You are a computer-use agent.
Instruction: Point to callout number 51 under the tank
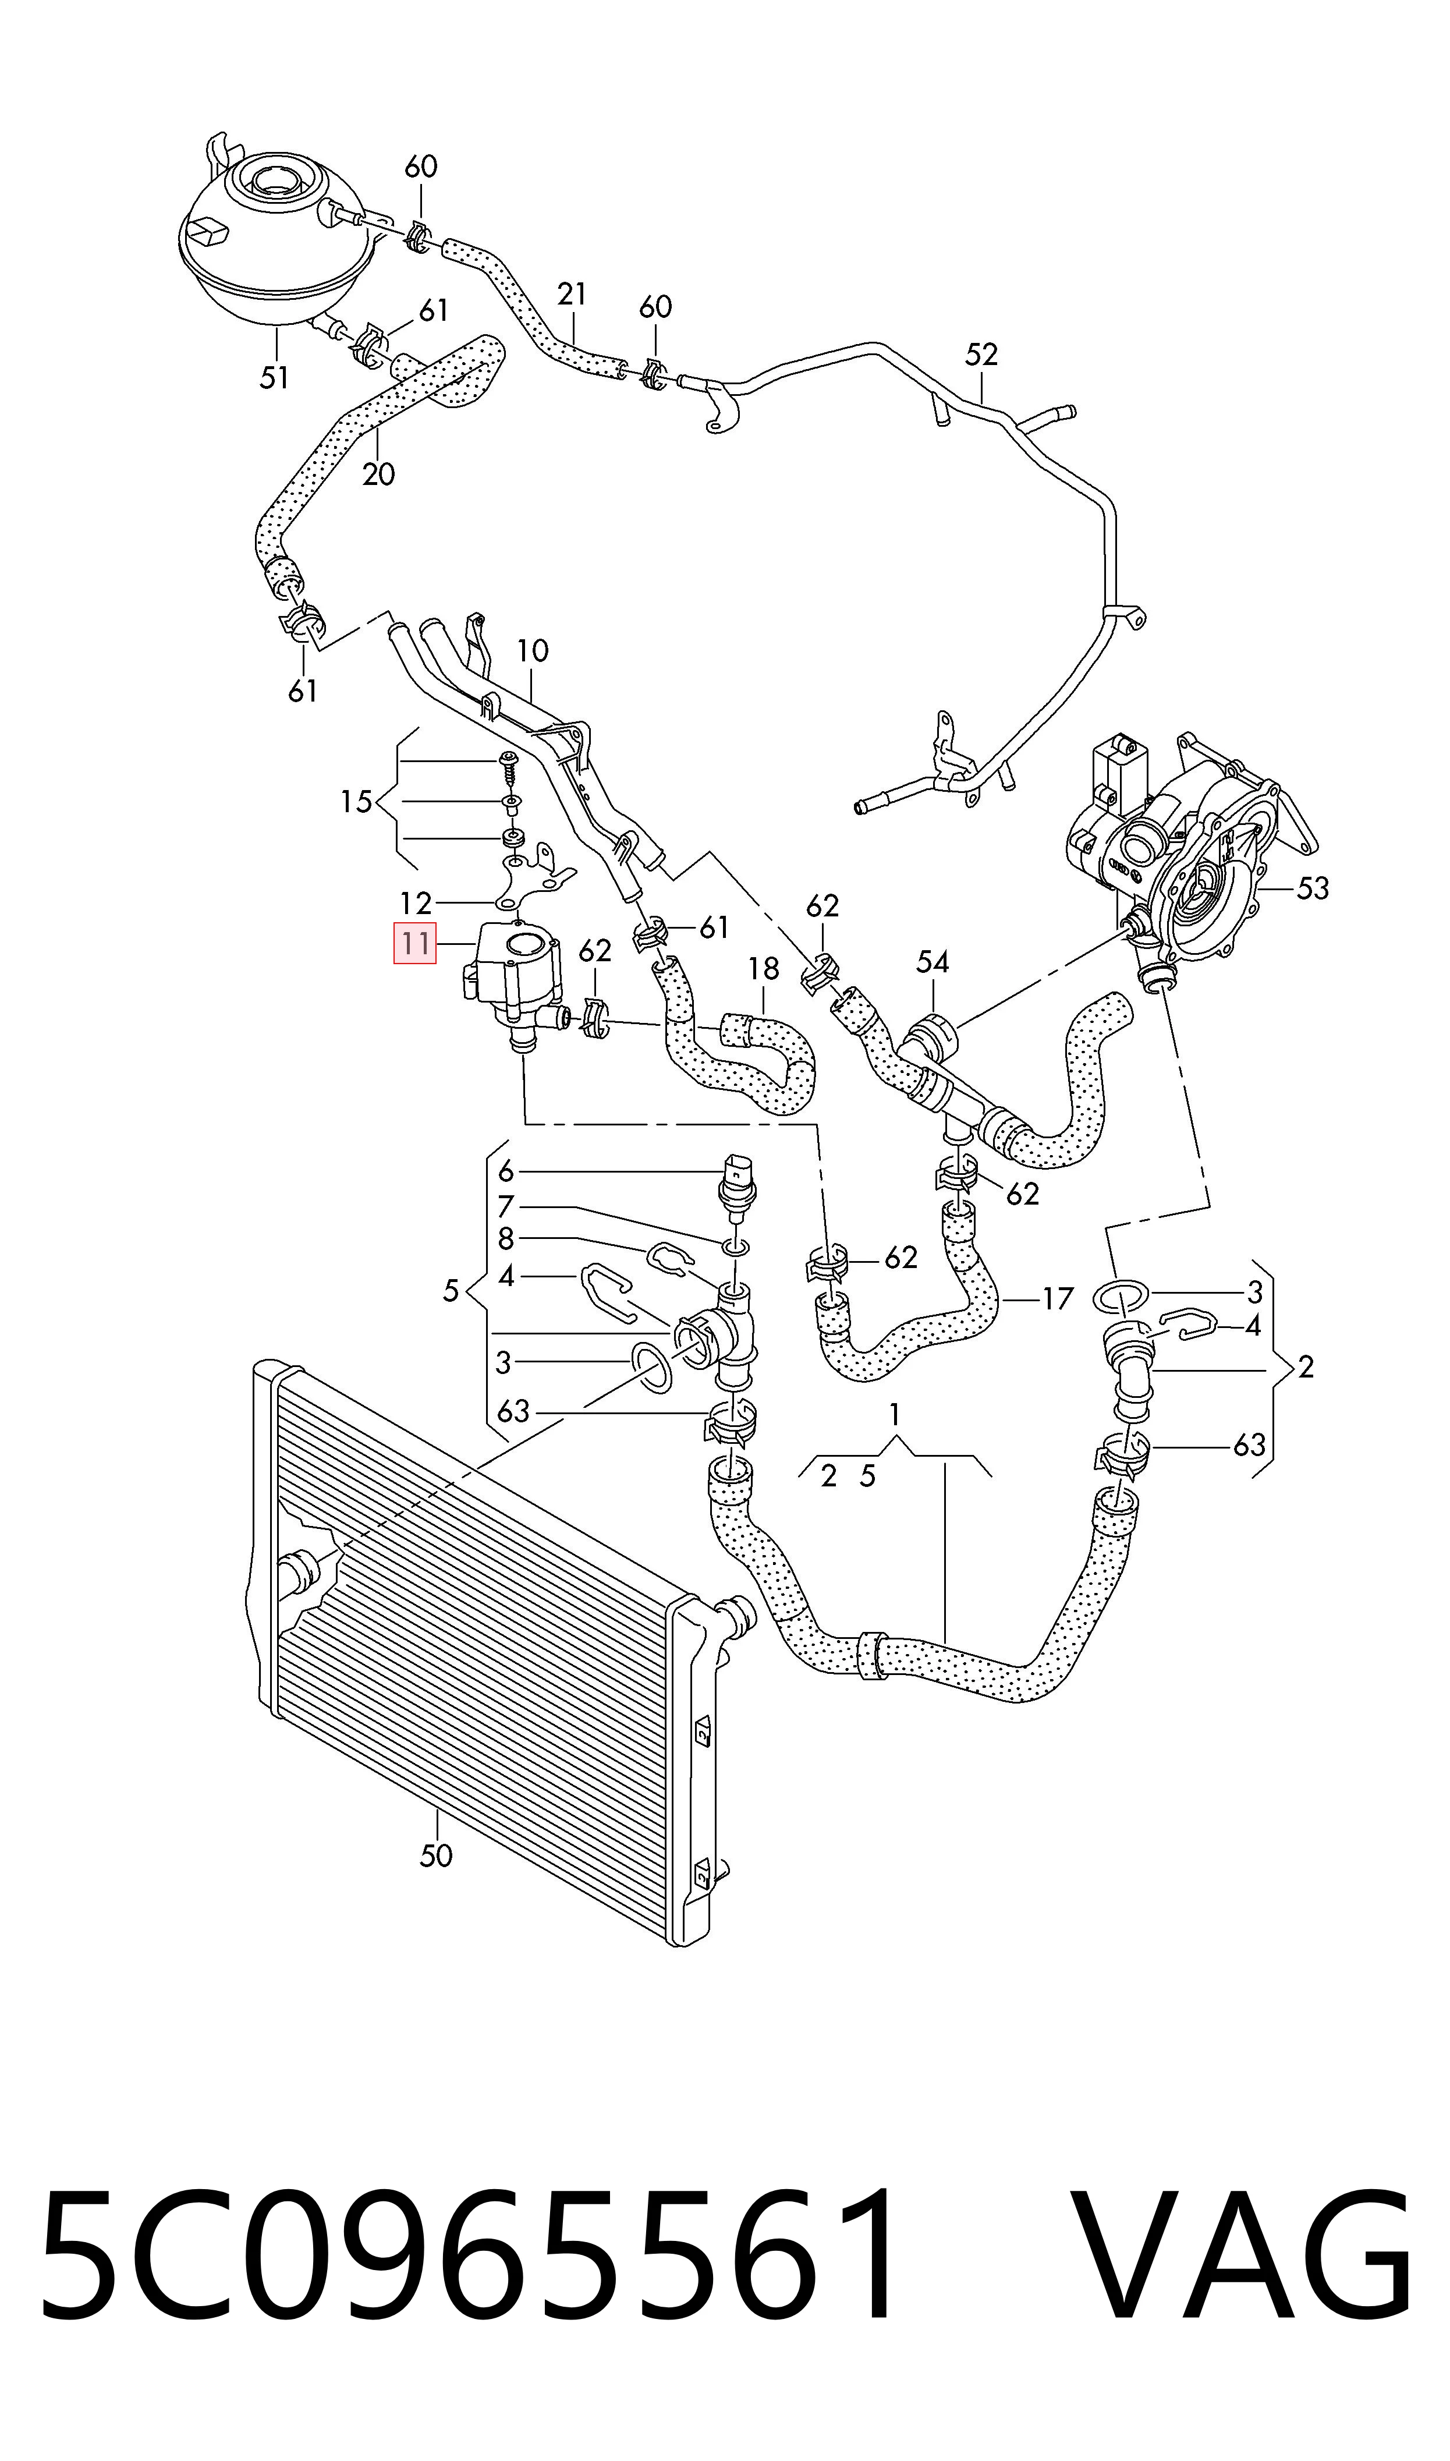275,377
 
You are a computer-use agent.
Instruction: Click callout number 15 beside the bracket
357,802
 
